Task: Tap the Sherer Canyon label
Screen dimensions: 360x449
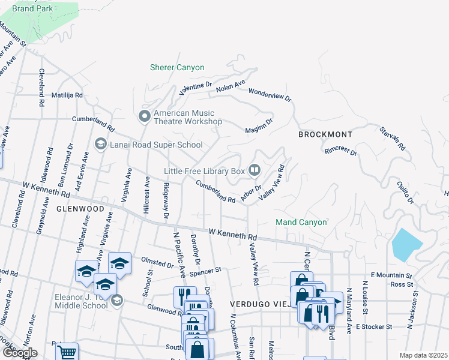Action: coord(177,68)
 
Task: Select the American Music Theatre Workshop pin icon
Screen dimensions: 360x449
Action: coord(144,116)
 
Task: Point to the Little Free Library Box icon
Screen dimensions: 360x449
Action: coord(255,171)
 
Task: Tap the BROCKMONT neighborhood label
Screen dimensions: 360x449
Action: coord(325,135)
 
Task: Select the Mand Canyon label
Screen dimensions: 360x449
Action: coord(301,223)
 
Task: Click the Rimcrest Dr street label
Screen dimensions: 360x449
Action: coord(340,150)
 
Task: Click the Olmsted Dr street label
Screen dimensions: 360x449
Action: coord(157,262)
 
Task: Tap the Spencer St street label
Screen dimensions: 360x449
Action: coord(206,271)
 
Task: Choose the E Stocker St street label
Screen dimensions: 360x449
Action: coord(373,327)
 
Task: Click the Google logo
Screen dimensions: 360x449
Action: coord(19,353)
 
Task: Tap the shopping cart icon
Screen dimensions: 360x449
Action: coord(67,352)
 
